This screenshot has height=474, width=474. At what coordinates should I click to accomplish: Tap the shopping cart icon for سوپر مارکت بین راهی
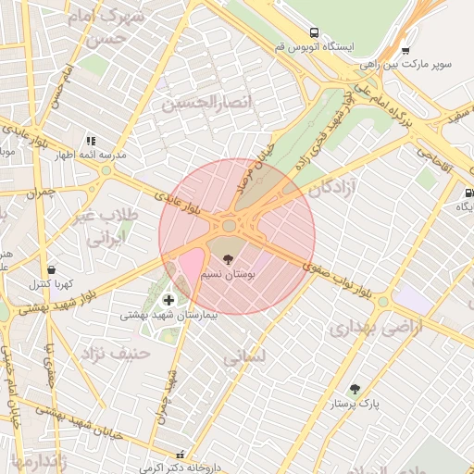[x=405, y=51]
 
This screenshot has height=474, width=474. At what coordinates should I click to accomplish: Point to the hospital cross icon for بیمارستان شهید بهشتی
[x=168, y=299]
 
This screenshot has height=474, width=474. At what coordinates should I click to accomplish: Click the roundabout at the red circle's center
[x=229, y=225]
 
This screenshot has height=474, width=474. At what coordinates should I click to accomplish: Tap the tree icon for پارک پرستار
[x=355, y=389]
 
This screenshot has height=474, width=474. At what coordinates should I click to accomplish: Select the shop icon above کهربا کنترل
[x=51, y=269]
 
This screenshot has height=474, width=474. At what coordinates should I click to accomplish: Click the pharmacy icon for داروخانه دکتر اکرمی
[x=181, y=455]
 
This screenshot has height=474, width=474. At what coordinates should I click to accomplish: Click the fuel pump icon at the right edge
[x=468, y=193]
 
